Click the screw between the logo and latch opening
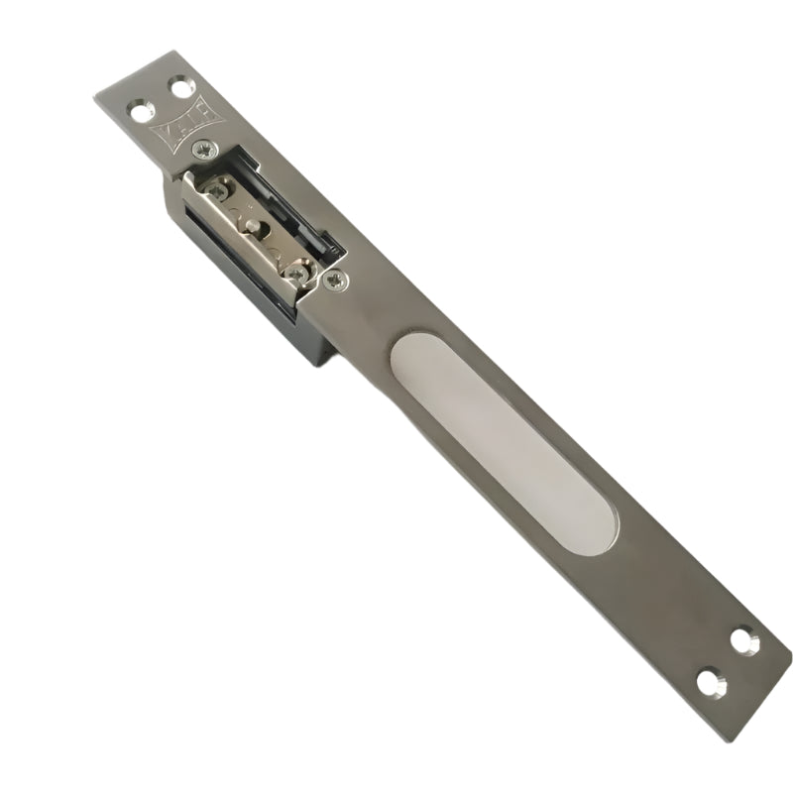(204, 149)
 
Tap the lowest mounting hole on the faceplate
(711, 683)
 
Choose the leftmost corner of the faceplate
(95, 95)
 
